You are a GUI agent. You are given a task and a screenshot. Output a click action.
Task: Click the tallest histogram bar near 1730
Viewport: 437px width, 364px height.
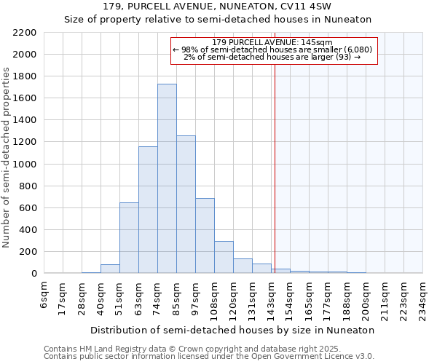click(x=167, y=178)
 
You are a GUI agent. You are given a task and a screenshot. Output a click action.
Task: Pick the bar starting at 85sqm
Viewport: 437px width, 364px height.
click(x=186, y=204)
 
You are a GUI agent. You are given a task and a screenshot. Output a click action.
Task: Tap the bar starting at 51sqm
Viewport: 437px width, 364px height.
click(x=129, y=237)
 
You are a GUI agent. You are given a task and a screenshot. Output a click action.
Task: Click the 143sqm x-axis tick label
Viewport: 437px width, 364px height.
click(x=272, y=298)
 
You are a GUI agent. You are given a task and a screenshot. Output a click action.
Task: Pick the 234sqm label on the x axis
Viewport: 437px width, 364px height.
click(x=422, y=298)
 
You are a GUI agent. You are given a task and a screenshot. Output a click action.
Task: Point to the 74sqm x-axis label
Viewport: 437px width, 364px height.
click(x=158, y=296)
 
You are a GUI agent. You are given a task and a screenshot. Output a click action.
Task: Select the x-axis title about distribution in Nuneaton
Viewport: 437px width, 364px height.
click(x=232, y=330)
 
